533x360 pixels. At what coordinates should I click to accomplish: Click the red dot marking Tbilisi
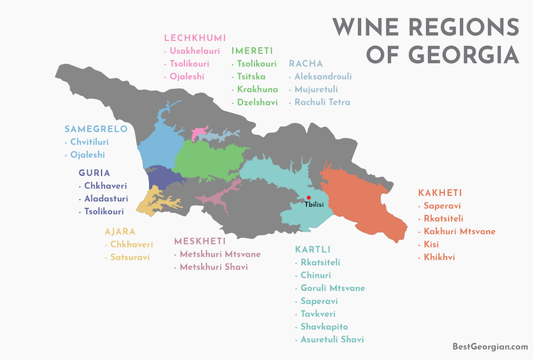tap(309, 198)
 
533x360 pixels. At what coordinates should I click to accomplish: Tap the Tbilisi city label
tap(314, 205)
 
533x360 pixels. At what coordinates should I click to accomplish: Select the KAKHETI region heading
tap(440, 192)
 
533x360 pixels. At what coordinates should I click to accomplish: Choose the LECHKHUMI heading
tap(195, 37)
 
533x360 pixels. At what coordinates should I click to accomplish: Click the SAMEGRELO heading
tap(96, 129)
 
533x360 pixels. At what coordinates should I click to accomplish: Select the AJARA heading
tap(120, 232)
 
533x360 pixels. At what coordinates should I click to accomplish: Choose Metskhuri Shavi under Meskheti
tap(216, 267)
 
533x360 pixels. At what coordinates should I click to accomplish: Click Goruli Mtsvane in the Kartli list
tap(332, 288)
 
